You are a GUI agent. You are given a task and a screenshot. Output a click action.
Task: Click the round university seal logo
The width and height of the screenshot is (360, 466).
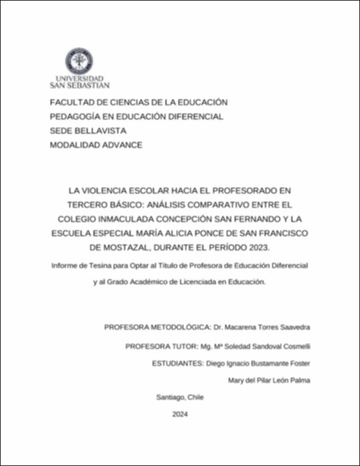tap(79, 61)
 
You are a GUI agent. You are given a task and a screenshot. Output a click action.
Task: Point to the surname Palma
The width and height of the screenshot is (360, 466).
tap(298, 381)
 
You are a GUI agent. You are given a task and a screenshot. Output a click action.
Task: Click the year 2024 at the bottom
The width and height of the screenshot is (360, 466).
tap(180, 414)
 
